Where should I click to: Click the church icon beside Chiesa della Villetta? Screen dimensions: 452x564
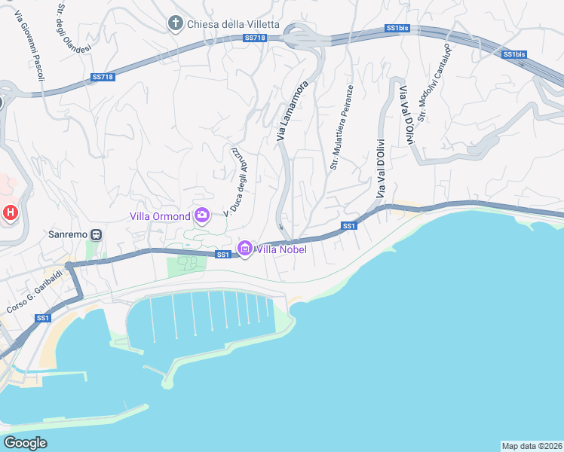pos(176,24)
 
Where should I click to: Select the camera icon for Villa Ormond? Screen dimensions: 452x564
pos(202,216)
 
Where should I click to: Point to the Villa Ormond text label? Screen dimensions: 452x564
pos(160,217)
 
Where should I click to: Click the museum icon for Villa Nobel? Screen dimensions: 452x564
pos(244,248)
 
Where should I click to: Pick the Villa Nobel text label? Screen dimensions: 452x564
pos(281,249)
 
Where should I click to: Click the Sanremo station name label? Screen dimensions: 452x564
pos(68,234)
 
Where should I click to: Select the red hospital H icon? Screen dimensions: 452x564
pos(10,213)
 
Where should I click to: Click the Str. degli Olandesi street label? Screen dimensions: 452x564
pos(74,28)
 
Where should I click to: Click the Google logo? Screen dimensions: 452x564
pos(26,443)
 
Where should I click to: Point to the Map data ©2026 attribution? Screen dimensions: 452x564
pos(532,445)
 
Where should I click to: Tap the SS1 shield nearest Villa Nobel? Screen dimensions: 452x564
pos(222,255)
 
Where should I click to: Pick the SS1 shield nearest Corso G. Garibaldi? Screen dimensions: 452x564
pos(42,319)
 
